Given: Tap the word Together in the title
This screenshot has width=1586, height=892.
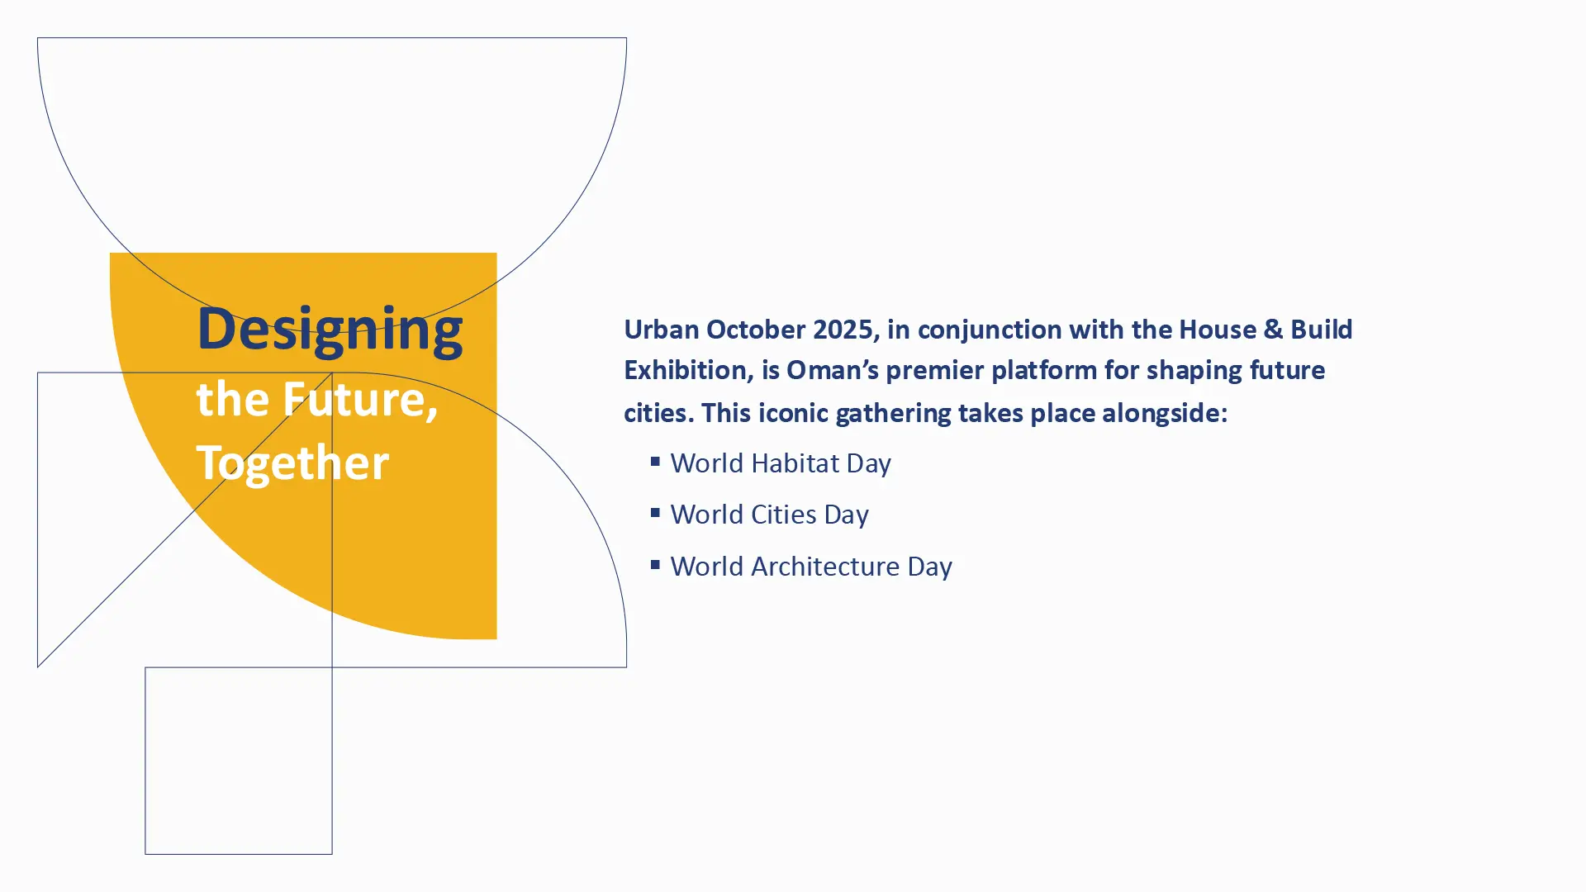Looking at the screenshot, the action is pyautogui.click(x=292, y=464).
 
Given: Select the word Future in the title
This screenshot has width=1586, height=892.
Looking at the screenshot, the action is pyautogui.click(x=360, y=401).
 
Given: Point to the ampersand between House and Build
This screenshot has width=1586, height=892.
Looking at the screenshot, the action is pyautogui.click(x=1272, y=330).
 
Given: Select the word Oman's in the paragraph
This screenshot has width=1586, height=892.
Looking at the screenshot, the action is pyautogui.click(x=832, y=371).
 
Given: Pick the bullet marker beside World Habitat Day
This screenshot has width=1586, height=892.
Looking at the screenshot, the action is pyautogui.click(x=655, y=461).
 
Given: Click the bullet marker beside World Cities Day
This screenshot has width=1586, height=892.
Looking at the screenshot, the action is pyautogui.click(x=655, y=513).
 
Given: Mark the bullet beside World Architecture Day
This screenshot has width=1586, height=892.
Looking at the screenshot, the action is pyautogui.click(x=655, y=564).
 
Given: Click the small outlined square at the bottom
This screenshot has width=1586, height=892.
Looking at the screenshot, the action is pyautogui.click(x=145, y=761).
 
